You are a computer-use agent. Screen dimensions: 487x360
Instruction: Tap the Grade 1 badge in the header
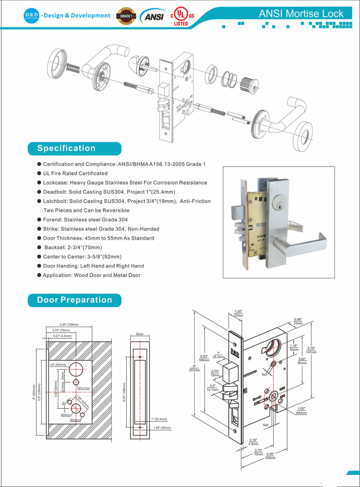pos(126,16)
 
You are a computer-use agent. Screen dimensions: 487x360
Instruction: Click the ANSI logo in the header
pos(153,17)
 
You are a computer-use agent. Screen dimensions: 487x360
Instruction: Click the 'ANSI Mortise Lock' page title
pos(301,13)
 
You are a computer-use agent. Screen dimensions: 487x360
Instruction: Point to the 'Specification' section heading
pos(66,148)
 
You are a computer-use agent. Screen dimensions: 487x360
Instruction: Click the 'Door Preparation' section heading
pos(74,300)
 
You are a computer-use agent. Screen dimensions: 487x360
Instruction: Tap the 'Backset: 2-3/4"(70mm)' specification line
pos(72,247)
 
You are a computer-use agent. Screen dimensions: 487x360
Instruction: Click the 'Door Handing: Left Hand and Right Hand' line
pos(94,266)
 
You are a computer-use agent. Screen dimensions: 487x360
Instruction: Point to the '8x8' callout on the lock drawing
pos(265,425)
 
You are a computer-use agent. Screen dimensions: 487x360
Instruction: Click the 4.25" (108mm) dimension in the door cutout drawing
pos(69,325)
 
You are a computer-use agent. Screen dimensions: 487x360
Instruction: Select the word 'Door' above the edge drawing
pos(140,334)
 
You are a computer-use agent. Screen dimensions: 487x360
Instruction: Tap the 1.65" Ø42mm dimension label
pos(301,411)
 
